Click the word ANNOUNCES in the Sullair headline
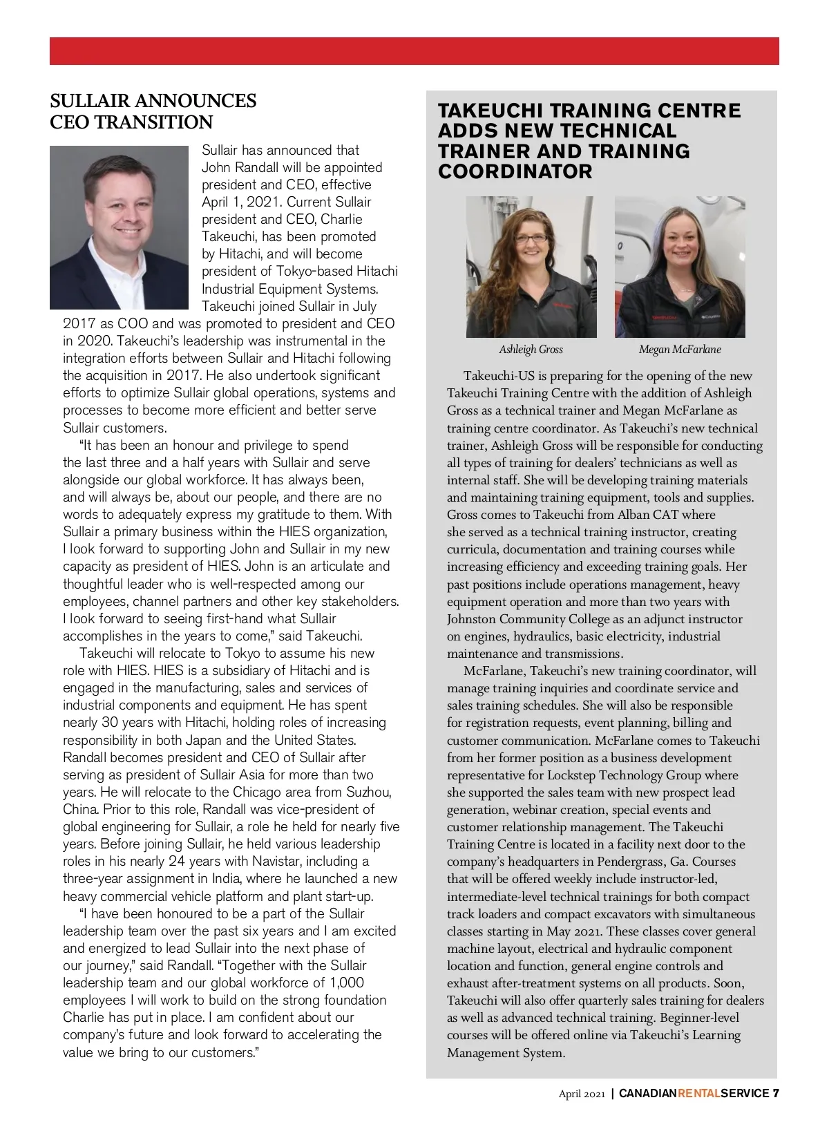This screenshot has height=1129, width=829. (x=195, y=101)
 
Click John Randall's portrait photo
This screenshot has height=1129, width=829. (x=119, y=227)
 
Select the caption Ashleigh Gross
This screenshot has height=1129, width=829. (x=531, y=350)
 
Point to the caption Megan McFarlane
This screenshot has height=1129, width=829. (x=680, y=350)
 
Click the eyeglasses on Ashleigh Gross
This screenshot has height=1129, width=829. (x=530, y=238)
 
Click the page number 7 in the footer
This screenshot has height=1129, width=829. (x=776, y=1093)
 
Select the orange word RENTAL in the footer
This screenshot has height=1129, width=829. (x=698, y=1093)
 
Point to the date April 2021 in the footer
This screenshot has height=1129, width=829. (x=582, y=1094)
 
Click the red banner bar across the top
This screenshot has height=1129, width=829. (x=414, y=51)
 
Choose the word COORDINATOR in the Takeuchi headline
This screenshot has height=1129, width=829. (x=515, y=171)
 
